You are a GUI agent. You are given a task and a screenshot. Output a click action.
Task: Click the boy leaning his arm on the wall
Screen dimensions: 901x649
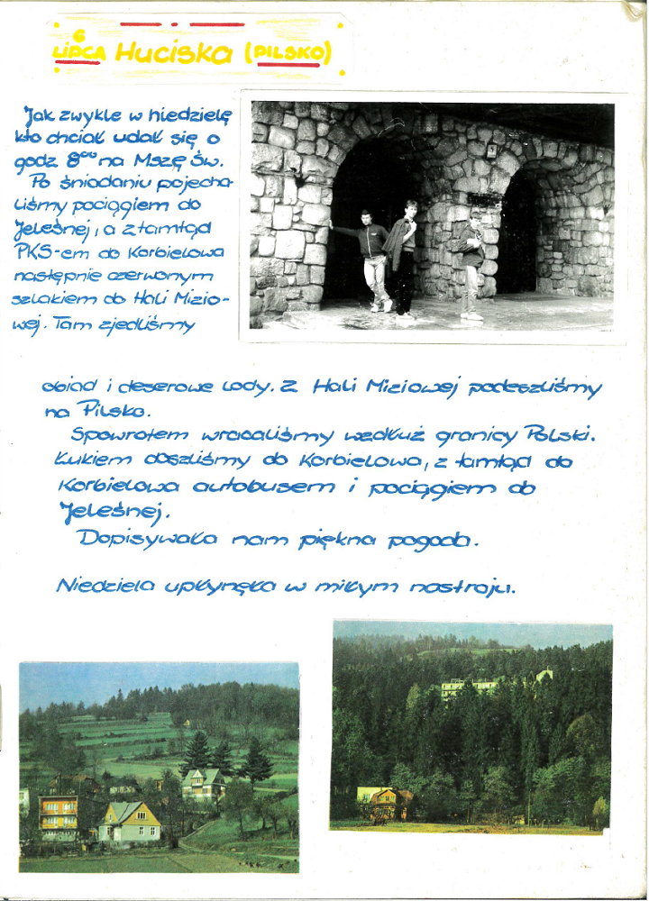[x=372, y=259]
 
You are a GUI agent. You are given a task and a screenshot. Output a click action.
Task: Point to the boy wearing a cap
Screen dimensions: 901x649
[x=471, y=263]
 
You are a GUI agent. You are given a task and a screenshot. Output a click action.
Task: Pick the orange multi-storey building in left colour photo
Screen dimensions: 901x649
[x=58, y=815]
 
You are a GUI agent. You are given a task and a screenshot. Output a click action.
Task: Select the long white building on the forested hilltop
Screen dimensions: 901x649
[x=469, y=687]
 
